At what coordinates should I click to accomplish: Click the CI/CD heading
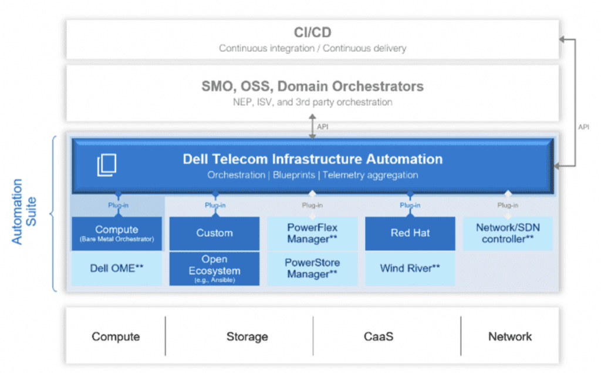312,32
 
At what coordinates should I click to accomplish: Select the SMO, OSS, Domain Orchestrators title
312,86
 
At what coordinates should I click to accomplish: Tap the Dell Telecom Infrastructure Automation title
312,159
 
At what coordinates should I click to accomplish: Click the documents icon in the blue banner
106,165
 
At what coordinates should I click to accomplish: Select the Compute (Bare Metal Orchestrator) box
116,233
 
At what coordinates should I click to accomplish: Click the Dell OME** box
116,268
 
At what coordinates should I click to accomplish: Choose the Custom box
214,233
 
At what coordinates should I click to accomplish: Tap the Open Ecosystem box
214,269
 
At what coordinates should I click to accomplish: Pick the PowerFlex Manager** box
312,233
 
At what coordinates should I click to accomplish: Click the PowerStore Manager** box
312,268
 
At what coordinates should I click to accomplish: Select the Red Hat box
410,233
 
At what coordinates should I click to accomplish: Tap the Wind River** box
410,268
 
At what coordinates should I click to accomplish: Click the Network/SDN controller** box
508,233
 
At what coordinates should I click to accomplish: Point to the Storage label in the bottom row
247,337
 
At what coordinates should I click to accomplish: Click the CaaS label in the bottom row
378,337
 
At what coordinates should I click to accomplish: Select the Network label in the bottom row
510,337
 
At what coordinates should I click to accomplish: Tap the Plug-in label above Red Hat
410,206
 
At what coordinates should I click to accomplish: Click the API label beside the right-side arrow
583,127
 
